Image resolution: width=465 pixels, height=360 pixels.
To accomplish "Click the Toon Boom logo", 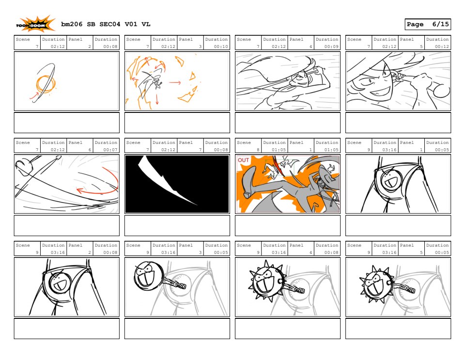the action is (35, 24).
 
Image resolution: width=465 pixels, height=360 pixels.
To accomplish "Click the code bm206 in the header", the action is (72, 24).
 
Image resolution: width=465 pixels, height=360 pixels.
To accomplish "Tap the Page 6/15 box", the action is (428, 24).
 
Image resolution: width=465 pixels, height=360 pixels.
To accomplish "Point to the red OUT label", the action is (243, 160).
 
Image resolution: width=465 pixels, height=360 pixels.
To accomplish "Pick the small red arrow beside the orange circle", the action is (34, 95).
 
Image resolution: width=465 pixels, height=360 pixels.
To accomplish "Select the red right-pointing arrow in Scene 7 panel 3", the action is (175, 82).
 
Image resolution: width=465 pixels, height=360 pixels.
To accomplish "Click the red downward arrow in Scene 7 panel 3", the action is (157, 98).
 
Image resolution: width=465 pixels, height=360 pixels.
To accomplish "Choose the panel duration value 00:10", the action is (221, 47).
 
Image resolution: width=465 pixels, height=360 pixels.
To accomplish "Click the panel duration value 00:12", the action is (442, 47).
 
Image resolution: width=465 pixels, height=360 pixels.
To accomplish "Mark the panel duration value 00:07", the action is (110, 150).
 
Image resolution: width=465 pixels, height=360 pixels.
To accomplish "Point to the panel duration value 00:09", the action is (331, 47).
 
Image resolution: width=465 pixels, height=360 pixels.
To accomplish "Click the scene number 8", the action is (258, 150).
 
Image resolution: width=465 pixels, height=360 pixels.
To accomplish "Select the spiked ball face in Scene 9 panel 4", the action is (267, 282).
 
